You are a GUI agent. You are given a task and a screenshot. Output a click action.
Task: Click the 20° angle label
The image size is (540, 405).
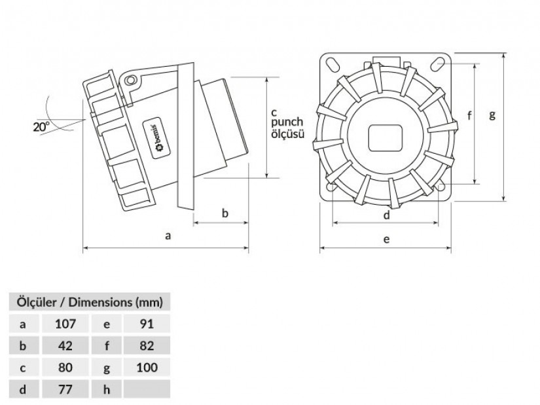pos(41,127)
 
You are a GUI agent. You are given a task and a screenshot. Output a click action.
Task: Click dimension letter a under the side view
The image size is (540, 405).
pos(168,236)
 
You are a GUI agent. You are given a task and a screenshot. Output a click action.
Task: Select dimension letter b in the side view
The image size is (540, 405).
pos(225,213)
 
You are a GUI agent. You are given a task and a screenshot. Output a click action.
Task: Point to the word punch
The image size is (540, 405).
pos(287,122)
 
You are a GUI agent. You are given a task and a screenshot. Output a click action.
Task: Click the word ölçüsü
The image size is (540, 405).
pos(288,133)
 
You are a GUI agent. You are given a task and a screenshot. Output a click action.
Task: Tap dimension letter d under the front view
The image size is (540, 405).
pos(386,215)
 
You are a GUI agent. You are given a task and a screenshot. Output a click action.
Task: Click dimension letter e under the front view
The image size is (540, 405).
pos(386,239)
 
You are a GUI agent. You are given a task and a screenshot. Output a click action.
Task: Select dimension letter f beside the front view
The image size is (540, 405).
pos(469,116)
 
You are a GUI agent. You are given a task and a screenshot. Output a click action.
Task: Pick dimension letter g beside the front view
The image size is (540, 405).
pos(492,114)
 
